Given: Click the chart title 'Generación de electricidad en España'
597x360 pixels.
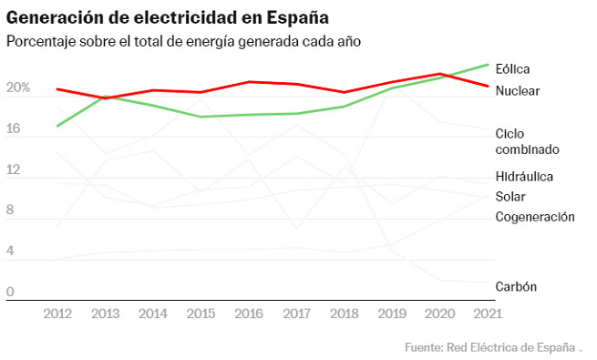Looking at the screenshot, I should (x=169, y=17).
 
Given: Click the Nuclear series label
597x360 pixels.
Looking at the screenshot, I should (x=518, y=91).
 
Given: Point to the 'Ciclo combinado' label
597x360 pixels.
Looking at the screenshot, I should (x=527, y=141).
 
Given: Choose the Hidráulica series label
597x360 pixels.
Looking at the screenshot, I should (x=524, y=176).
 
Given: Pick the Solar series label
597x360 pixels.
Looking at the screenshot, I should (x=510, y=196).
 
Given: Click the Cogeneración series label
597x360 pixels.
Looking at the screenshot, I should (x=535, y=217).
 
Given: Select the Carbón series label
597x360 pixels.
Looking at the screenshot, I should (x=516, y=286).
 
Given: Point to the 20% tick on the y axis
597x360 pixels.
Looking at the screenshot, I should (x=18, y=89).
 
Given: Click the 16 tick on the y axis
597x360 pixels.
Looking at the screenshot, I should (x=13, y=130).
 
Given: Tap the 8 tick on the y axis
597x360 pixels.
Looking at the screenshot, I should (x=11, y=210).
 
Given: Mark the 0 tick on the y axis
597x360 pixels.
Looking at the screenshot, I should (x=11, y=292).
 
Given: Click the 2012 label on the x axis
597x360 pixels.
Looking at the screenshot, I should (x=57, y=314).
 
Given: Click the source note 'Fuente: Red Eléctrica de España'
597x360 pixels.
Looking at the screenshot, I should (x=489, y=347).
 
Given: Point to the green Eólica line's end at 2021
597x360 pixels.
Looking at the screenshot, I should (x=489, y=65).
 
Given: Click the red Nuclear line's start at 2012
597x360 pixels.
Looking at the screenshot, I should (x=57, y=89).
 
